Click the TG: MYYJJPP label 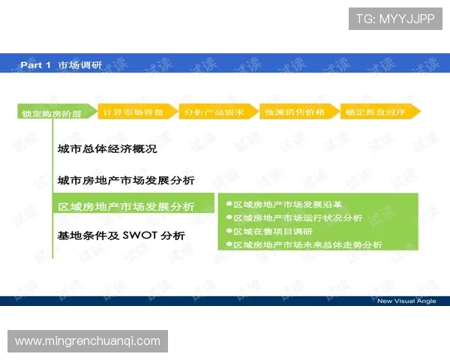(395, 19)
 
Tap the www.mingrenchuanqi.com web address (88, 341)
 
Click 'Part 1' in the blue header (35, 65)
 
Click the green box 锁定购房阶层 (52, 113)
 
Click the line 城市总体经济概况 (107, 149)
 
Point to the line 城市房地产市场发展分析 (126, 180)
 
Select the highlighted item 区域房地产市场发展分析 (126, 206)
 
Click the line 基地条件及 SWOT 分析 (121, 235)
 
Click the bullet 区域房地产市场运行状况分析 (297, 217)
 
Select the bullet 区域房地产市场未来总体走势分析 (307, 244)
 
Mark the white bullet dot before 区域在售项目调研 (229, 231)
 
